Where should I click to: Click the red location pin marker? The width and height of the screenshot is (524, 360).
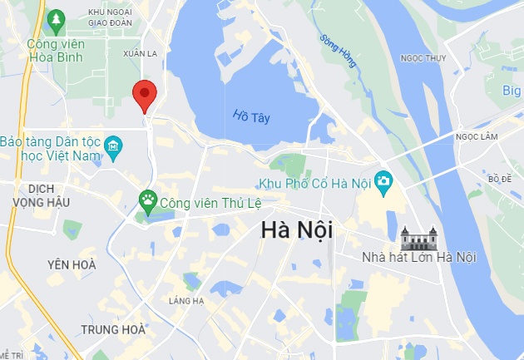click(145, 94)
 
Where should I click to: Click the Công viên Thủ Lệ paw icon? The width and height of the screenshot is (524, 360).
click(148, 199)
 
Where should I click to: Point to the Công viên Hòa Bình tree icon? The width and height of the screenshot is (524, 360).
click(57, 18)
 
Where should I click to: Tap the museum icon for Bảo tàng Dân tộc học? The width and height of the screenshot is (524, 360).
click(114, 150)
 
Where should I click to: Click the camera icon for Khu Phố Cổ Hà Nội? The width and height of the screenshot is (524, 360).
click(383, 180)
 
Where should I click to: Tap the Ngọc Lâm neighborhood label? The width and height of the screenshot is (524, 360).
click(476, 136)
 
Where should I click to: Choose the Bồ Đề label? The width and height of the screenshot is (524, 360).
click(501, 178)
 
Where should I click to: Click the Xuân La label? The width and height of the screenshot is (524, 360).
click(140, 52)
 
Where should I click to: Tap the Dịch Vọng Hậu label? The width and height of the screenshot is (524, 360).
click(42, 195)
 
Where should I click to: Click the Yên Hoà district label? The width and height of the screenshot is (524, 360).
click(71, 264)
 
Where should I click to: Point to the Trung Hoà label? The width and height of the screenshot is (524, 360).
click(113, 330)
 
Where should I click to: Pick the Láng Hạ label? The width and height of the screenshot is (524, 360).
click(185, 300)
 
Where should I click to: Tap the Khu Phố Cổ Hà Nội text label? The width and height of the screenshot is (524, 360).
click(314, 182)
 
